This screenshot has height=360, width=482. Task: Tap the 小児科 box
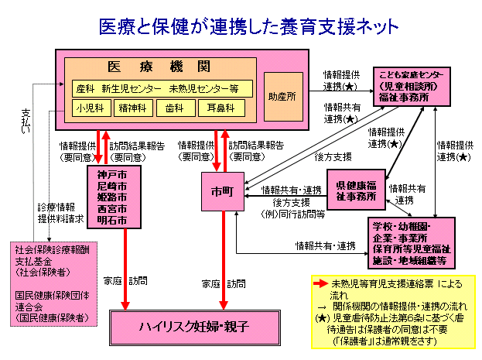[91, 108]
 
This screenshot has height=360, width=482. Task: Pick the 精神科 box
[132, 108]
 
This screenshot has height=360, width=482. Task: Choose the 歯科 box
[175, 108]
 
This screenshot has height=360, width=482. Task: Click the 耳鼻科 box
[220, 108]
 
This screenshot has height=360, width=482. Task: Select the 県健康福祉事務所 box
[356, 190]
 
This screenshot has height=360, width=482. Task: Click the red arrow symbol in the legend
[320, 285]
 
